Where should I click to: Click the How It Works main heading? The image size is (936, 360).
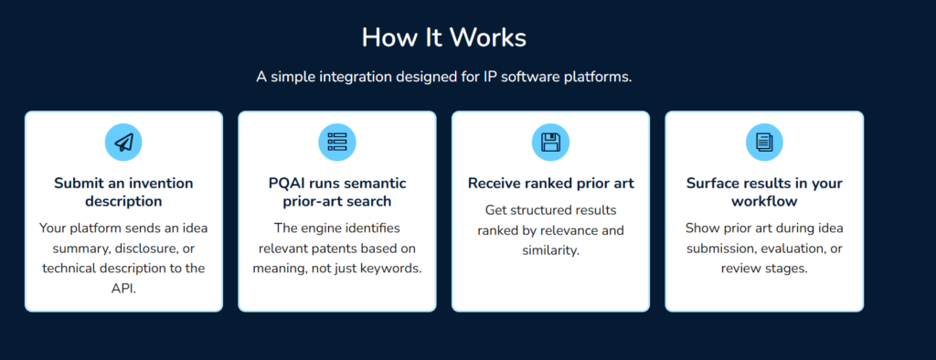pyautogui.click(x=443, y=37)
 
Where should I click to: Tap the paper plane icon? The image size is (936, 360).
pyautogui.click(x=123, y=142)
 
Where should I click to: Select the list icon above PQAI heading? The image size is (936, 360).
pyautogui.click(x=337, y=142)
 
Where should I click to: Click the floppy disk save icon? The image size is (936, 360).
pyautogui.click(x=550, y=142)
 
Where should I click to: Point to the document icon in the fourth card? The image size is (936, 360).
pyautogui.click(x=764, y=142)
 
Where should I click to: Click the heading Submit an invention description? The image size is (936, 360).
pyautogui.click(x=123, y=192)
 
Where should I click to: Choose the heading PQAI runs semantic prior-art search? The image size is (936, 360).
pyautogui.click(x=337, y=192)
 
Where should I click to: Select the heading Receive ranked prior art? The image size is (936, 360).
pyautogui.click(x=550, y=184)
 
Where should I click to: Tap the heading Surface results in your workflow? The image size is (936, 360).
pyautogui.click(x=764, y=192)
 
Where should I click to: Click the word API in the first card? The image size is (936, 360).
pyautogui.click(x=123, y=287)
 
